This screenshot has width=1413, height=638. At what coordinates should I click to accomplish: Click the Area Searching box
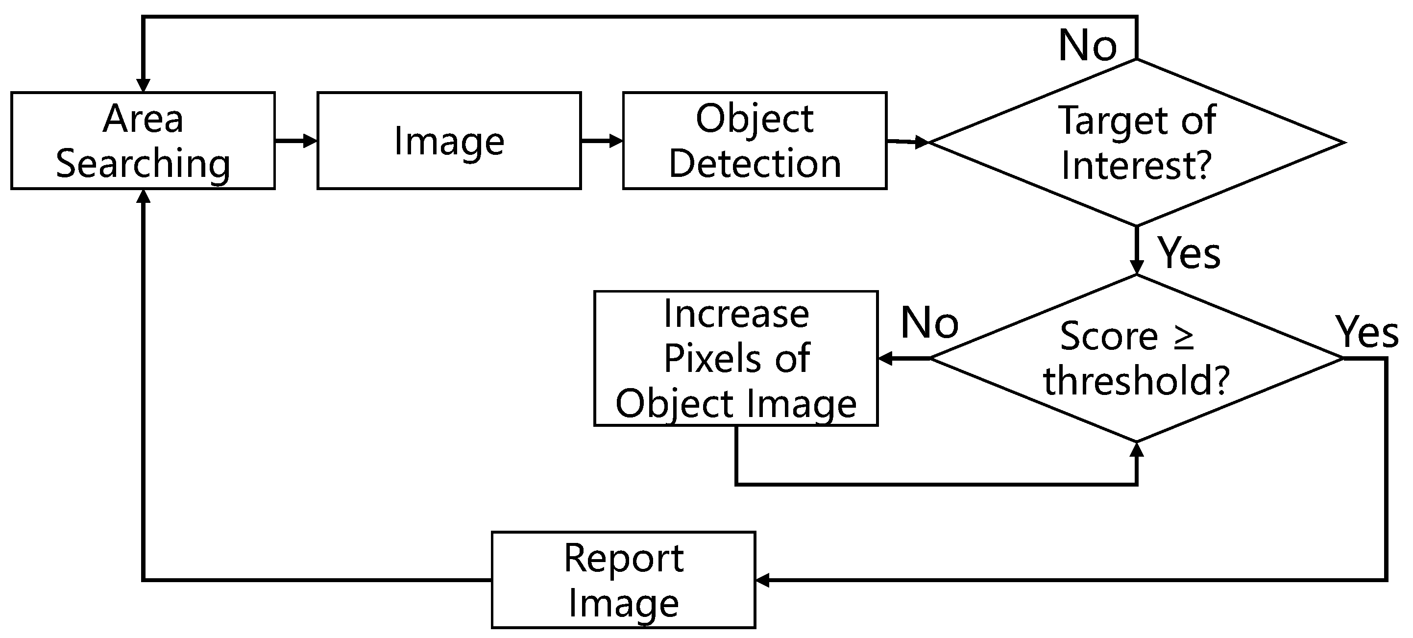(143, 141)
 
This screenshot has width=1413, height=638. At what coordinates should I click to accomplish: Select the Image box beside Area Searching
(449, 141)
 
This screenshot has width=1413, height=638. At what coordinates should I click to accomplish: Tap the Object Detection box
(754, 141)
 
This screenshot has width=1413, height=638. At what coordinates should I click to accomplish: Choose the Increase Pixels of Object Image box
(735, 358)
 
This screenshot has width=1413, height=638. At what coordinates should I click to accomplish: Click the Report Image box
(623, 579)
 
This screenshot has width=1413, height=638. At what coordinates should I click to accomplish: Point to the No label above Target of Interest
(1087, 45)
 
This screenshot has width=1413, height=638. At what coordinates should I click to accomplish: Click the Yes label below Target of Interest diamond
(1189, 253)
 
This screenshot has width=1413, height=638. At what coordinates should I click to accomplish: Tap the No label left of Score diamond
(929, 322)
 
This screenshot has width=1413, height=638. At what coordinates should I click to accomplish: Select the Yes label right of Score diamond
(1367, 332)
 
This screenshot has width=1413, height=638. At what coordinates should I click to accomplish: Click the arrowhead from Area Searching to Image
(311, 141)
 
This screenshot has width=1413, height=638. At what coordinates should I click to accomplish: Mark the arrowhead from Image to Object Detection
(616, 141)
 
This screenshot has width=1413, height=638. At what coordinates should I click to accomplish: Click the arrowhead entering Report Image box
(762, 579)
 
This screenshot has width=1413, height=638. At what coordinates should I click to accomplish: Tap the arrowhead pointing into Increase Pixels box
(885, 359)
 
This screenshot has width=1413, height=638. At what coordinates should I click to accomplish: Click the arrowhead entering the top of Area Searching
(143, 86)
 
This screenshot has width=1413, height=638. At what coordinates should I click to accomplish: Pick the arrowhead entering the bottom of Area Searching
(143, 196)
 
